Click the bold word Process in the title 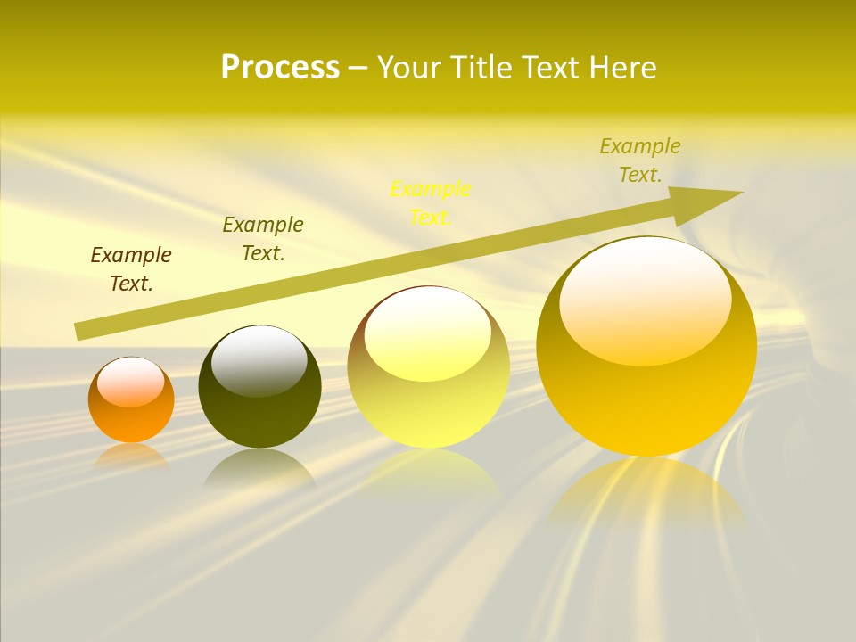280,68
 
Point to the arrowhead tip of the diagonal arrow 740,193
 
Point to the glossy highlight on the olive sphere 259,361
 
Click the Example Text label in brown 131,269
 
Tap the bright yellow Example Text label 431,202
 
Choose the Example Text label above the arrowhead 640,160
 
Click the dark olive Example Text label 263,239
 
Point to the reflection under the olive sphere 259,468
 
